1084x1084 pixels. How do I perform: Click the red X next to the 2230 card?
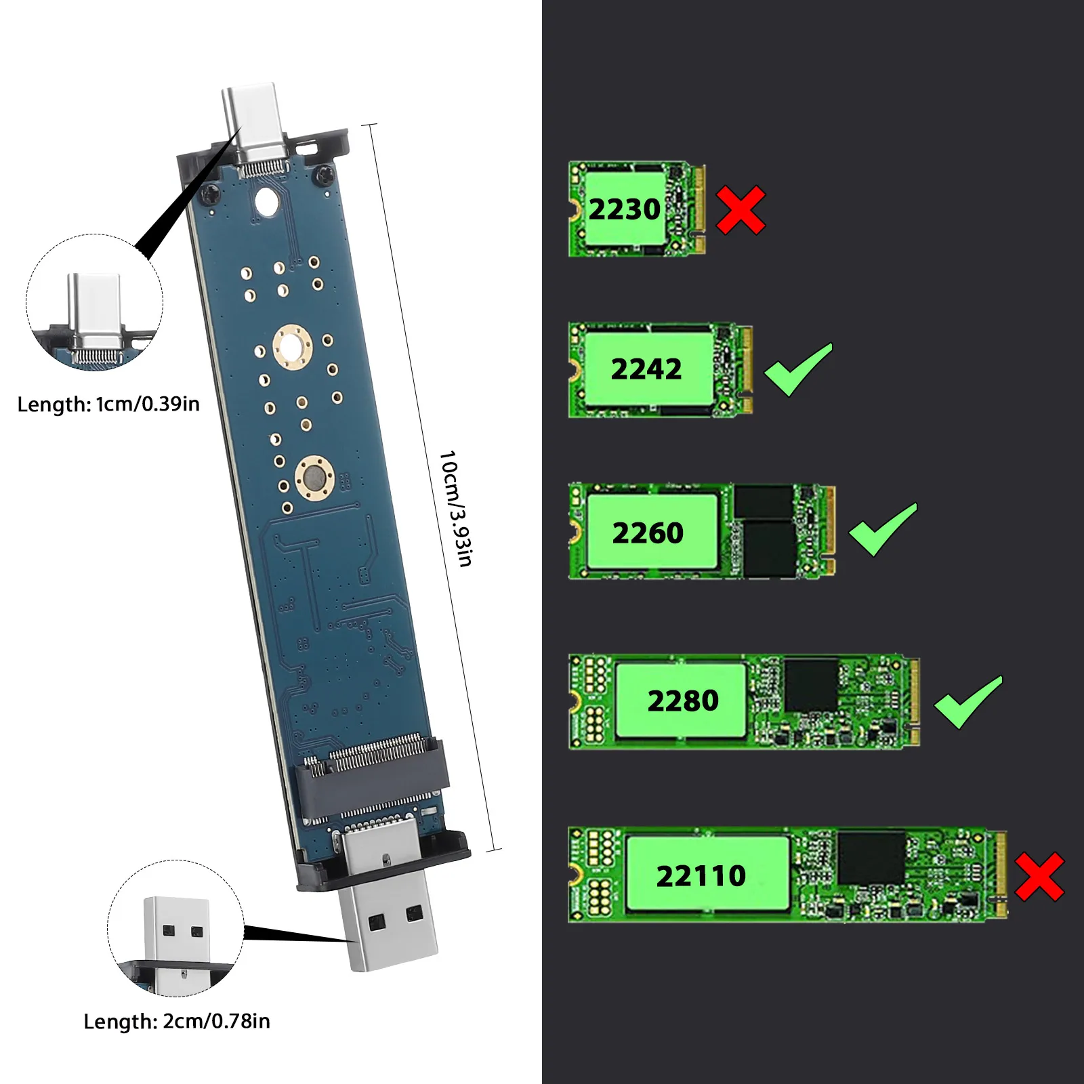click(x=741, y=210)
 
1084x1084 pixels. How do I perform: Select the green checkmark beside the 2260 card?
click(x=882, y=530)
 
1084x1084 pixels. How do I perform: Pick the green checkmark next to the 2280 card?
click(x=967, y=703)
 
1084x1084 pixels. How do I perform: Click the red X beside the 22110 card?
click(x=1040, y=877)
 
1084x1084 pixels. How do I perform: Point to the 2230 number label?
click(x=624, y=209)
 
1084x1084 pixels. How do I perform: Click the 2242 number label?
click(x=646, y=369)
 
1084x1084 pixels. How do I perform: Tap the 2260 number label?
click(x=648, y=533)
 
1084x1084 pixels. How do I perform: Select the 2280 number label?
click(x=683, y=701)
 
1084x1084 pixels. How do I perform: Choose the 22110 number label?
click(x=701, y=876)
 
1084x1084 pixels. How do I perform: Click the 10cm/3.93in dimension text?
click(x=456, y=508)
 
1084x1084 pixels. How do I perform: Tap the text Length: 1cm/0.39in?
click(x=108, y=404)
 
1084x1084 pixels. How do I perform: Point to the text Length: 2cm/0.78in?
click(x=177, y=1021)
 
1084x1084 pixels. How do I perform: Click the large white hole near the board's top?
click(x=266, y=201)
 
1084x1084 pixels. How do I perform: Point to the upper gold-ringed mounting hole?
click(x=292, y=346)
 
